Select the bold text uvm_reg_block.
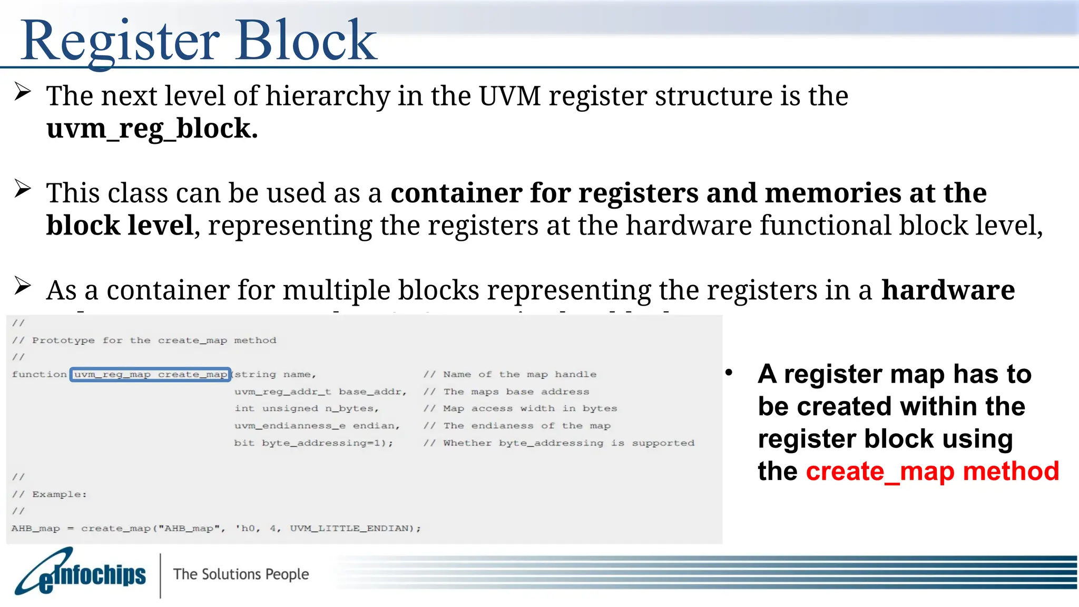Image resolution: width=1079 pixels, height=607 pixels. pos(152,129)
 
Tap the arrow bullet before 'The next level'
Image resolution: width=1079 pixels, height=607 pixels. pos(23,92)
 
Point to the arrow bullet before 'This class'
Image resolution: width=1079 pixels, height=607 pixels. pos(23,189)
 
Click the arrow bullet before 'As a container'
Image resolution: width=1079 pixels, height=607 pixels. pos(23,286)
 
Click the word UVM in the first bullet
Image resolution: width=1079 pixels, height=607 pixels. pos(509,96)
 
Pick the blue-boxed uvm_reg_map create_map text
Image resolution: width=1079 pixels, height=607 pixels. pos(150,375)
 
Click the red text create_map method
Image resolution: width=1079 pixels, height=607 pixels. pos(932,471)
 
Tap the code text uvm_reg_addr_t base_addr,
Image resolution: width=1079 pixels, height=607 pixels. pos(320,391)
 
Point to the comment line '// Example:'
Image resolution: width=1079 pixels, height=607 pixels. pos(50,494)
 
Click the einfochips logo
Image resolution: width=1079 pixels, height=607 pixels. pos(80,573)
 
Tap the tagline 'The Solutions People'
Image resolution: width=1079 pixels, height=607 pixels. pos(241,574)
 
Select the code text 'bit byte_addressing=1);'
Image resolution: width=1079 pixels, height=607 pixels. pos(313,443)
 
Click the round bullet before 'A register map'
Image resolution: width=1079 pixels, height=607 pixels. pos(729,373)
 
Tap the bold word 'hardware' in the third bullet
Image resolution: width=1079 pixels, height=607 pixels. pos(948,290)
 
